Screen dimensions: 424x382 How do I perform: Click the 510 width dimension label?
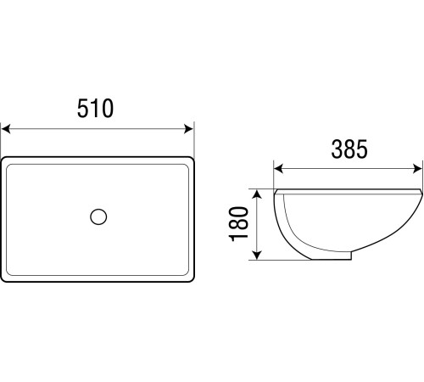coord(95,109)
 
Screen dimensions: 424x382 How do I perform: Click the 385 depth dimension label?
coord(349,149)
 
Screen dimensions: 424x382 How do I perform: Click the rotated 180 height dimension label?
coord(239,224)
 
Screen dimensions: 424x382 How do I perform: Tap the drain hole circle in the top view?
coord(98,216)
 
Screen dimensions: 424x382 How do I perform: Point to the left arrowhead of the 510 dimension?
coord(6,129)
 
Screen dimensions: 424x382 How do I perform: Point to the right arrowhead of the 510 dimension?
coord(189,129)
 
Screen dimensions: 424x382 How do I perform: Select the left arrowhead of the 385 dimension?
coord(278,169)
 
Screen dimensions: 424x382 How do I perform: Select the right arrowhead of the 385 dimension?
coord(417,169)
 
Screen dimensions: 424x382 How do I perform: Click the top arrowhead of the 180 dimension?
coord(256,194)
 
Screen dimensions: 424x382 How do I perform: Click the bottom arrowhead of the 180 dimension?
coord(256,255)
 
